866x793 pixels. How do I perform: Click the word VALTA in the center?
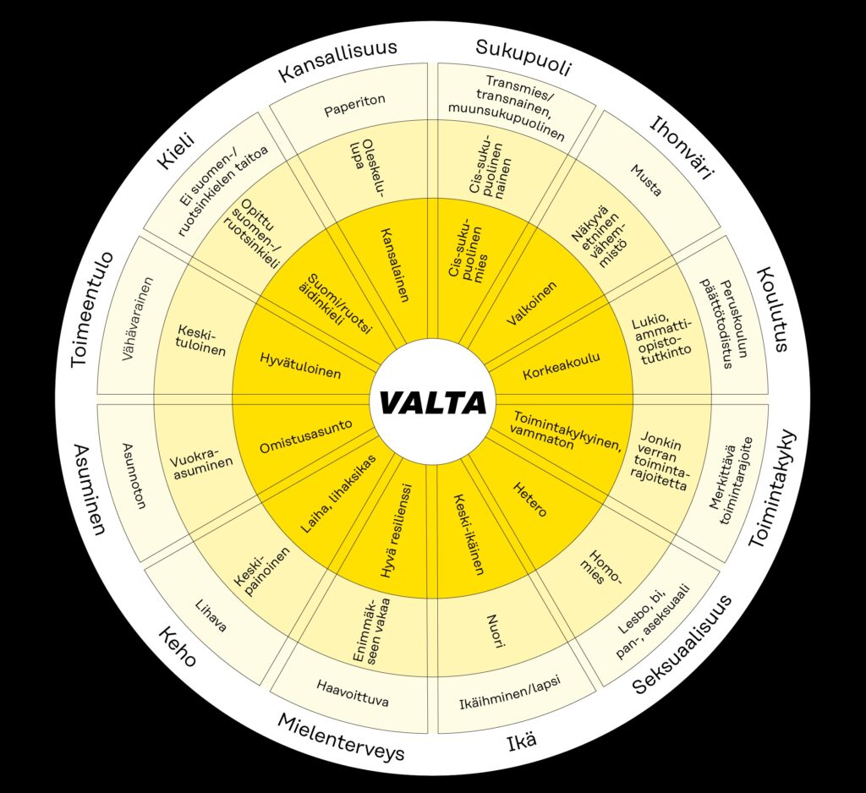tap(433, 402)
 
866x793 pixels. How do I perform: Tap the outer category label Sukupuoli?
tap(523, 57)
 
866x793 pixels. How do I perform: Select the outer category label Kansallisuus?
tap(337, 60)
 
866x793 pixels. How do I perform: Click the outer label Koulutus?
tap(771, 309)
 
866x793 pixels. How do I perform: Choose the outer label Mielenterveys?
tap(341, 737)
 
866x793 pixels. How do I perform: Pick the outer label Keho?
tap(178, 646)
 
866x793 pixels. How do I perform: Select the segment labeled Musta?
tap(646, 180)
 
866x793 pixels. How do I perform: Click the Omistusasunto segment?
tap(306, 436)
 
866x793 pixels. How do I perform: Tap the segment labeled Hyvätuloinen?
tap(300, 365)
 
